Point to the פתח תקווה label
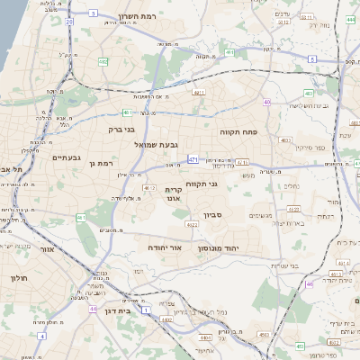[238, 131]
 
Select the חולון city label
[19, 278]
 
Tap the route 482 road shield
[103, 61]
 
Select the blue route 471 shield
[193, 158]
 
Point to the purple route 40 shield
[267, 103]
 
